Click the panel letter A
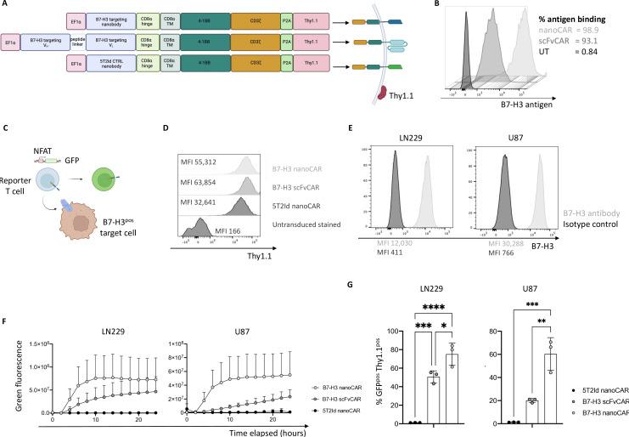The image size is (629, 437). coord(7,7)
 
